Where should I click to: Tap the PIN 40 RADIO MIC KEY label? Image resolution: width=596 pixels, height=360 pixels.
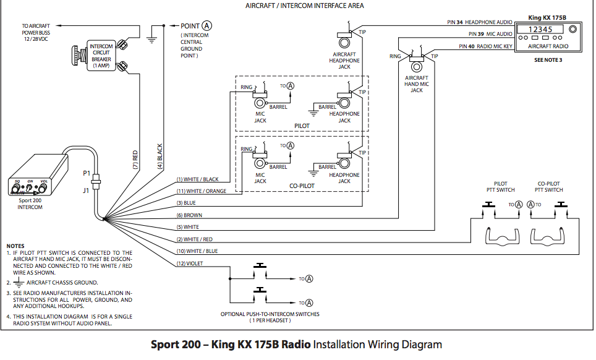[x=485, y=46]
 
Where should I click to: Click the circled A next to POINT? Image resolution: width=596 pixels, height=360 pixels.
[x=206, y=25]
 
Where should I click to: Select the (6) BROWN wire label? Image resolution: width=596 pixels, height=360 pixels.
[x=189, y=215]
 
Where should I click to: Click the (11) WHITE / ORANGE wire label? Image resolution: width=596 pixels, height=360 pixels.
[x=198, y=191]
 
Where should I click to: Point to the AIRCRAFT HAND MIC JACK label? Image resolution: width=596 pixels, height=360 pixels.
[x=416, y=84]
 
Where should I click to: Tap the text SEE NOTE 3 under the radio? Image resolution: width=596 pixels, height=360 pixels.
[x=548, y=60]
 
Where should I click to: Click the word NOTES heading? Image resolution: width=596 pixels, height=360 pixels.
[x=15, y=246]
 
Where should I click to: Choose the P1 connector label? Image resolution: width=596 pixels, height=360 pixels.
[x=87, y=173]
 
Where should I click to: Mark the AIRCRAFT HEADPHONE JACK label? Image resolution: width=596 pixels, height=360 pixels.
[x=344, y=61]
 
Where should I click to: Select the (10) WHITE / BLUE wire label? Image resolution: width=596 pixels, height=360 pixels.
[x=197, y=251]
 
